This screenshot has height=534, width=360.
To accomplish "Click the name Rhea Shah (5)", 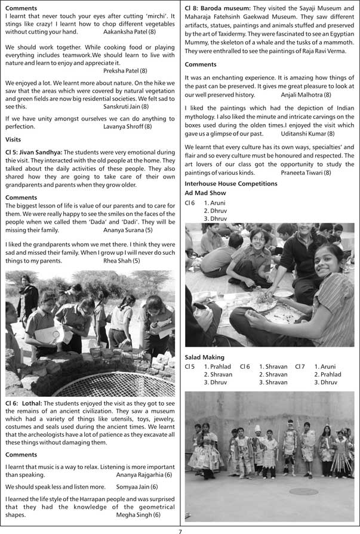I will click(x=122, y=261).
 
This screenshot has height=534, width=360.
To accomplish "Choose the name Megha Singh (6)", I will click(x=139, y=514).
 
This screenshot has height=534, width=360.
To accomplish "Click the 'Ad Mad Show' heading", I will click(x=205, y=193).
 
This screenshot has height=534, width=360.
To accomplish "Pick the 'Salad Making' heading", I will click(x=205, y=357).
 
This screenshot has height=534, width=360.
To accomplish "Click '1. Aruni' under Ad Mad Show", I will click(x=214, y=203).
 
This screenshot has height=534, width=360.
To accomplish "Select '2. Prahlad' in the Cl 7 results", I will click(x=328, y=374).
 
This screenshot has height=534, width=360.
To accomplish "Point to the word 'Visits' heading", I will click(x=13, y=139).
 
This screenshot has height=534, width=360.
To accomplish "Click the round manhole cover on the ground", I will click(x=304, y=491).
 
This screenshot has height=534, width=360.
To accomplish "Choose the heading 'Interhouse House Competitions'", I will click(x=231, y=183).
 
